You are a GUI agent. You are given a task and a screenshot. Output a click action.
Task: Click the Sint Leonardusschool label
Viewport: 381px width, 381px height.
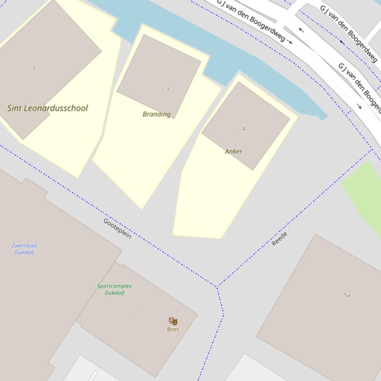48,108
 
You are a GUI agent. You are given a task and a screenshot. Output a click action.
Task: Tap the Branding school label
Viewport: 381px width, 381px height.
157,114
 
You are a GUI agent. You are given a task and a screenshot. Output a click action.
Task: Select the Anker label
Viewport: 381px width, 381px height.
233,151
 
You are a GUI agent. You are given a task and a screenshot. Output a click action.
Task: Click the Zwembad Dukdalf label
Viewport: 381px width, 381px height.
24,249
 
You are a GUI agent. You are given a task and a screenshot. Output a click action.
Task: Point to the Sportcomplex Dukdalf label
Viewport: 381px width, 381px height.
114,289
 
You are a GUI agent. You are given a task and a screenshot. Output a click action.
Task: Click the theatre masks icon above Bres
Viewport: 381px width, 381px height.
173,321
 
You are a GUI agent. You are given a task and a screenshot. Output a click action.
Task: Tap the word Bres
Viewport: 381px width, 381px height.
173,330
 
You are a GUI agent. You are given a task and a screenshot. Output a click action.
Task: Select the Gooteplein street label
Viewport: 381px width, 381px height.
117,228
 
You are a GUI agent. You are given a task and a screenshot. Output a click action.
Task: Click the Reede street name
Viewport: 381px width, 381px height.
279,238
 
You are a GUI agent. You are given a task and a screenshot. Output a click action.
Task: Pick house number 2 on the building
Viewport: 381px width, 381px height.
34,68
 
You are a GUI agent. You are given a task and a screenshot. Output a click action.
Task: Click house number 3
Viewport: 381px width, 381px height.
167,89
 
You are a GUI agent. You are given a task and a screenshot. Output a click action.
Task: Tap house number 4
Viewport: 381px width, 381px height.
244,129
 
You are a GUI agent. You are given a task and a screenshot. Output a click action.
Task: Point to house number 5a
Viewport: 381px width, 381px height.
347,295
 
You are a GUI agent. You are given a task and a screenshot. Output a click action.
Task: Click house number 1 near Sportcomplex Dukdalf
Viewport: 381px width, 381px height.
138,313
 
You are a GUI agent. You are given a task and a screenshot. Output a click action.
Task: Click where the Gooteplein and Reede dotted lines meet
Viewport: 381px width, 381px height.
217,286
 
